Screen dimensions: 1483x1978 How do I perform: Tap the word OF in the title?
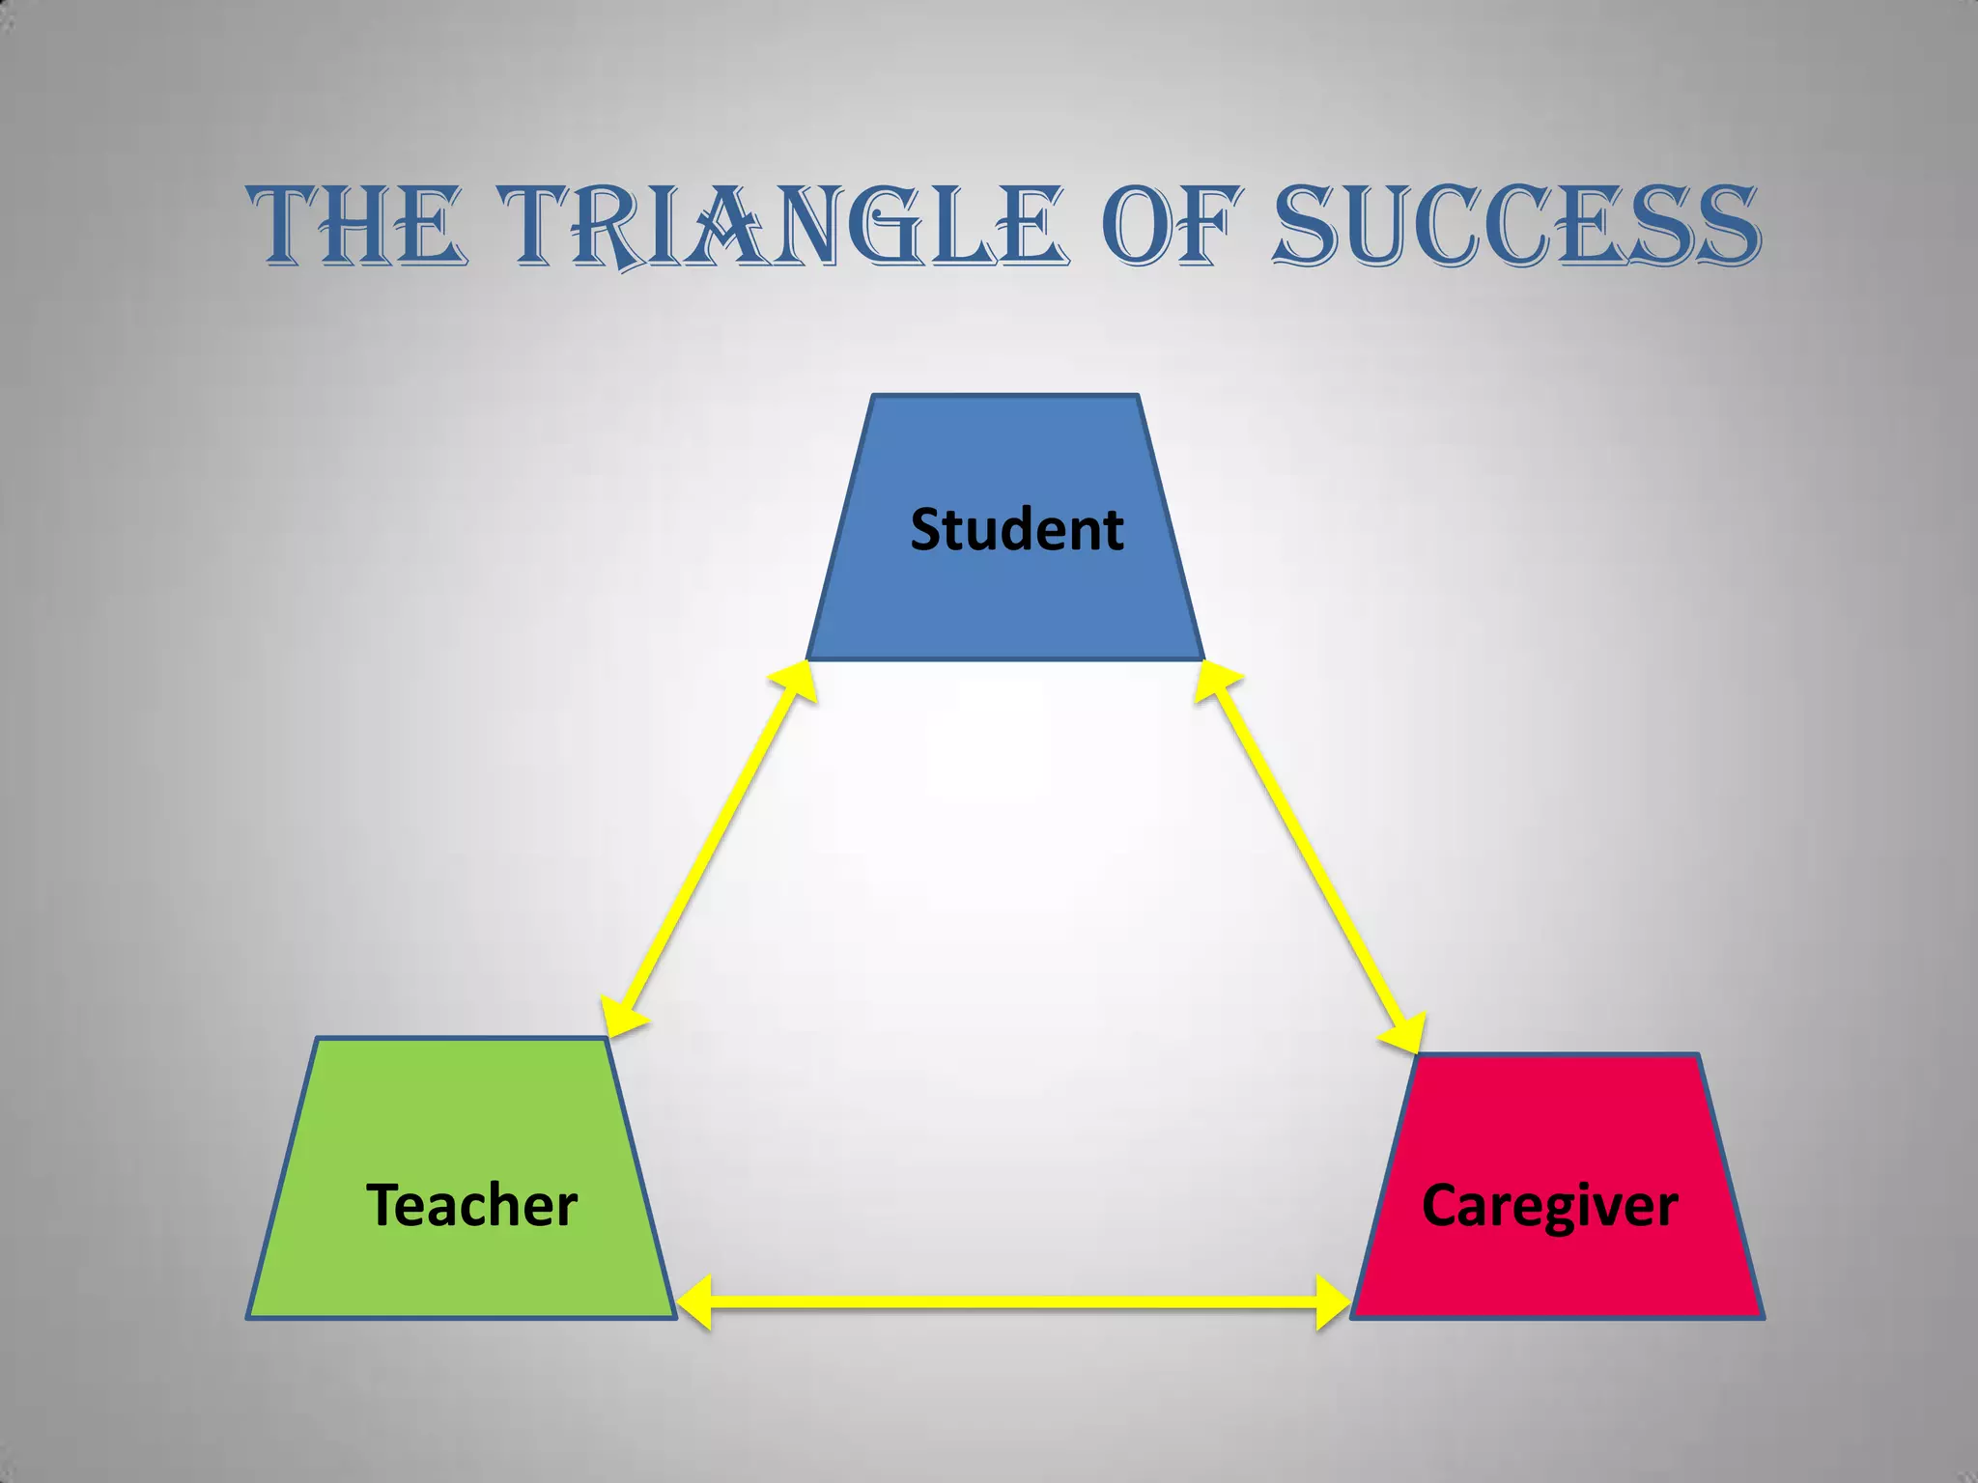1170,227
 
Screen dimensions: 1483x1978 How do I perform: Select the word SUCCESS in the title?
1516,227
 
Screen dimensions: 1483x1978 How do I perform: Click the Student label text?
1017,530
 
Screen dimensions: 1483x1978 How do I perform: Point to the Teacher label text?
471,1206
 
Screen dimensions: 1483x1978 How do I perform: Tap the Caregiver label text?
1550,1207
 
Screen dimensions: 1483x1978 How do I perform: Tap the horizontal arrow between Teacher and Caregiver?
1014,1302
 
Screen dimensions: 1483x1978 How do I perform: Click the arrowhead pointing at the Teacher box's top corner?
618,1019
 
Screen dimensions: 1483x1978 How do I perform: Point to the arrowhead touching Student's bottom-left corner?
795,681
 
